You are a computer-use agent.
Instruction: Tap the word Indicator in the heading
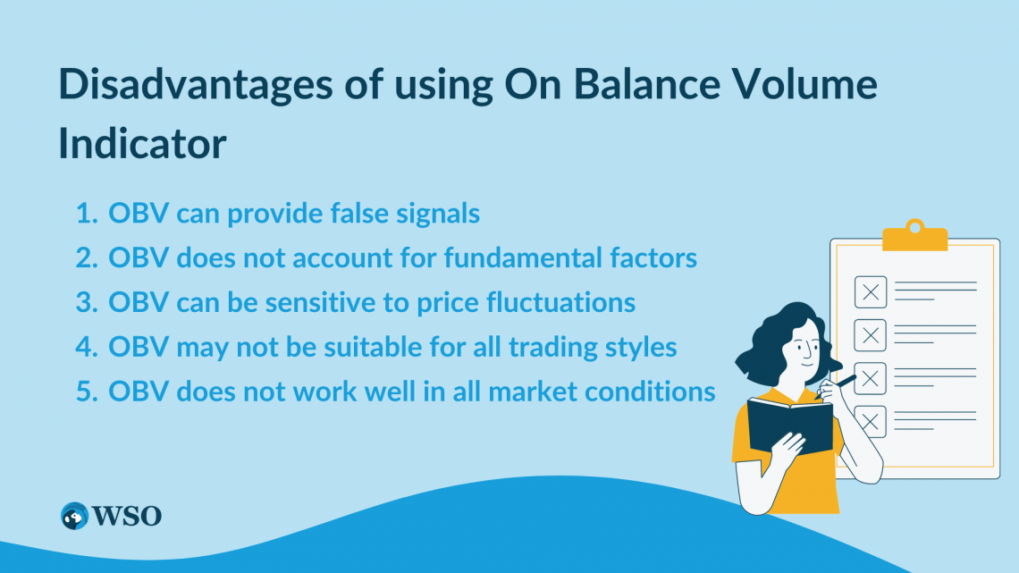pos(142,144)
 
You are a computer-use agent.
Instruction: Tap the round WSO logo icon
pos(74,516)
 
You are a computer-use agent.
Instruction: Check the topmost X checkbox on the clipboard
pos(870,292)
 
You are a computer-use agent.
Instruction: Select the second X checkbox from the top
pos(870,335)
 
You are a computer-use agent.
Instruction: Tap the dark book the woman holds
pos(789,427)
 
